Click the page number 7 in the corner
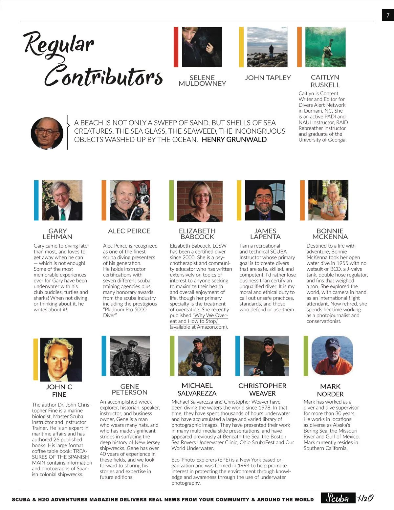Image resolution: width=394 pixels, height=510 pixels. tap(388, 15)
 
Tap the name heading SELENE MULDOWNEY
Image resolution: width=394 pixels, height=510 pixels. tap(202, 80)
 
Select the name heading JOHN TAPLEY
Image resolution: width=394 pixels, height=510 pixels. tap(268, 78)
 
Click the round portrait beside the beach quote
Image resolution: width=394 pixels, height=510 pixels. tap(47, 133)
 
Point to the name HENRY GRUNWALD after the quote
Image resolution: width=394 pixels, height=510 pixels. tap(234, 140)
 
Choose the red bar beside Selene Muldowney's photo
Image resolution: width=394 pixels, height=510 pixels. tap(176, 47)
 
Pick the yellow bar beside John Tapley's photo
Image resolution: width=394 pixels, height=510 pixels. tap(241, 47)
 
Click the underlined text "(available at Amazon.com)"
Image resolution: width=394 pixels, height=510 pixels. tap(199, 327)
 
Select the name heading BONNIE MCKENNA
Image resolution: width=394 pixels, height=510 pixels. tap(330, 234)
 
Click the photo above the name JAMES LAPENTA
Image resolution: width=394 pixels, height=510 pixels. tap(265, 200)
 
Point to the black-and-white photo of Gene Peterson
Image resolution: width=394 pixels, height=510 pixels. tap(130, 356)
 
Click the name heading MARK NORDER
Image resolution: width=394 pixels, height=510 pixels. tap(330, 390)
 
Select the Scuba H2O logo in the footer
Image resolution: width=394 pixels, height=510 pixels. tap(347, 498)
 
